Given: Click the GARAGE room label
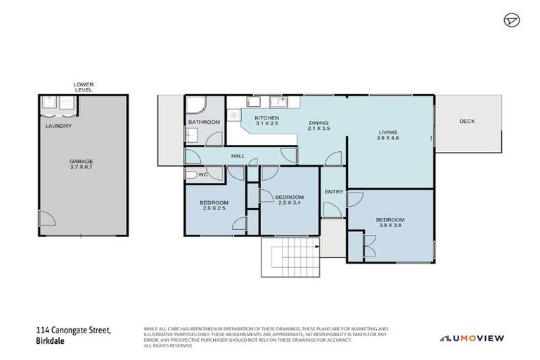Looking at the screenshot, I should tap(82, 161).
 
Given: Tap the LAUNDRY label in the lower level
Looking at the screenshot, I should tap(58, 127).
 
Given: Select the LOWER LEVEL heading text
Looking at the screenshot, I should tap(83, 87).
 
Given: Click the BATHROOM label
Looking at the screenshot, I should tap(204, 122).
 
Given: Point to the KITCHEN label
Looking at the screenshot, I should tap(267, 117).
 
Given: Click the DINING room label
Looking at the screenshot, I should tap(319, 124).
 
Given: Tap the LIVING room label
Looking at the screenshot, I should tap(388, 132).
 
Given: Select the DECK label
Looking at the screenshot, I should tap(467, 122).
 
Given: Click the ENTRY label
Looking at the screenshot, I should tap(333, 192).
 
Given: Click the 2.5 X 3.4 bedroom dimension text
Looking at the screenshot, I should tap(289, 202).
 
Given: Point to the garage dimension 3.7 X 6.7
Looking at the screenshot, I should tap(82, 167).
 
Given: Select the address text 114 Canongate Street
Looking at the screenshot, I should tap(74, 329).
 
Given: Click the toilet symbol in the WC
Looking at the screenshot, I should tap(192, 174).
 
